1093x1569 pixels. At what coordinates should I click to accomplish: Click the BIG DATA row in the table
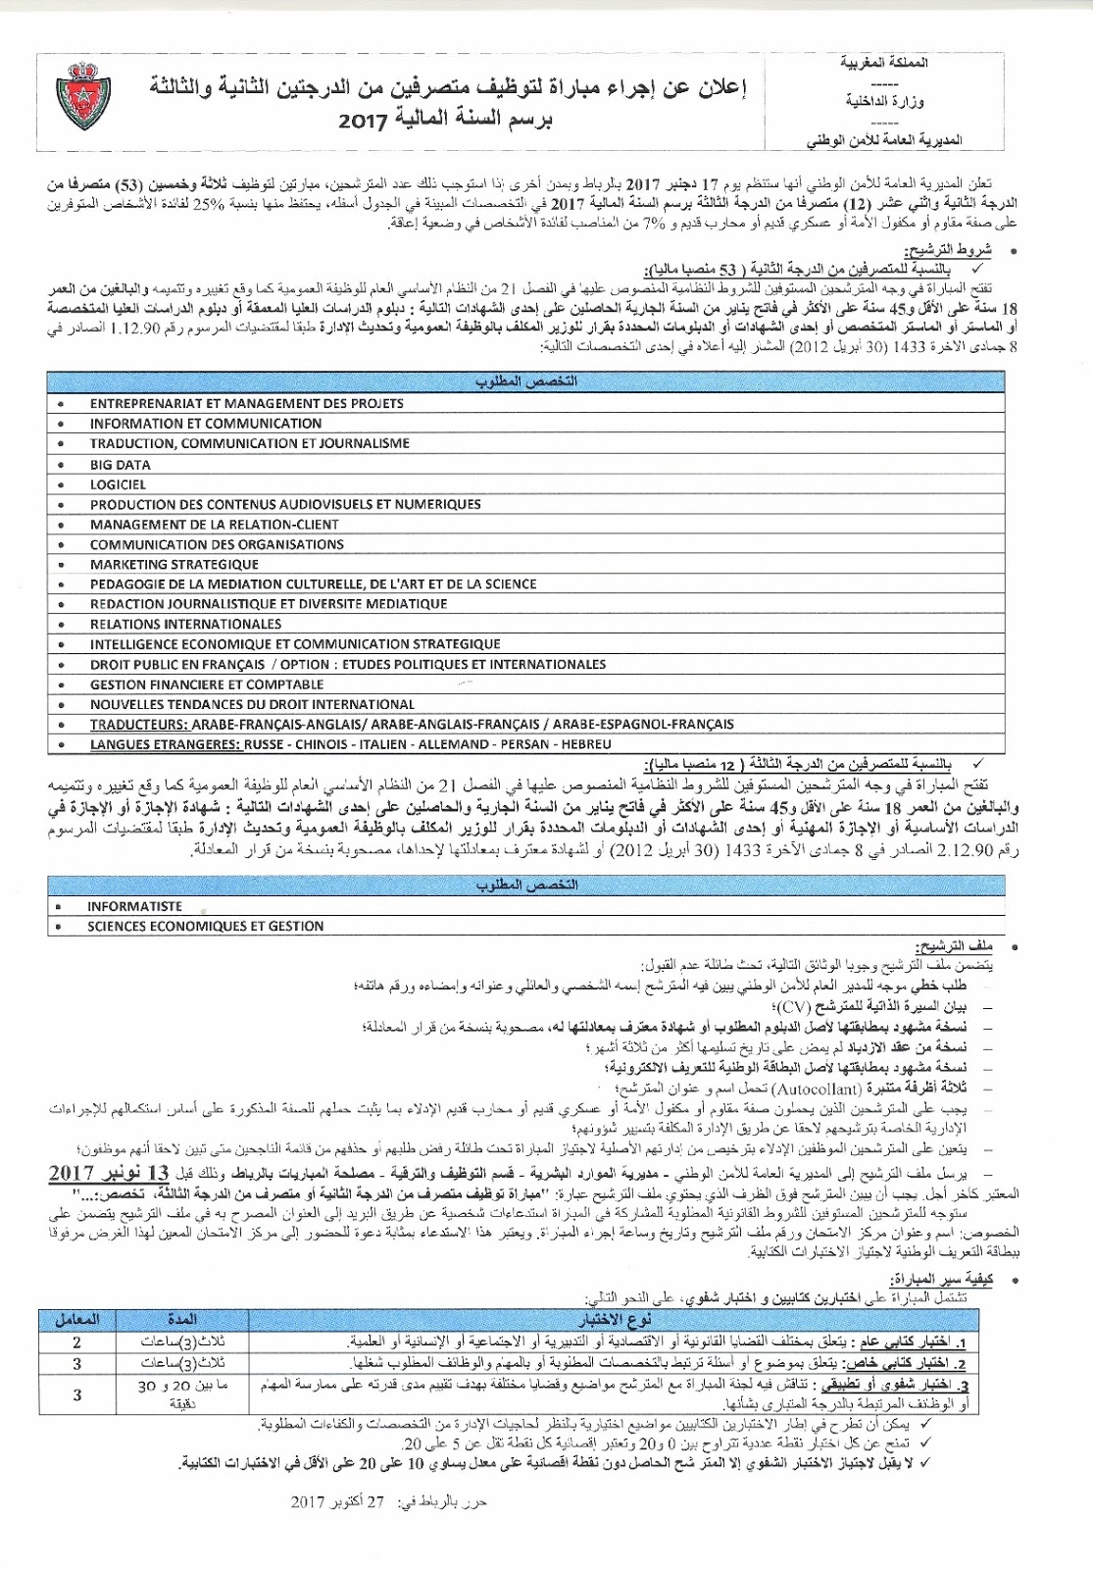tap(121, 464)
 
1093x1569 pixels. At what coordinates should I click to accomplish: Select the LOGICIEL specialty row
tap(118, 483)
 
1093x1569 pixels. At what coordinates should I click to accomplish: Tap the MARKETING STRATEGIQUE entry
tap(174, 564)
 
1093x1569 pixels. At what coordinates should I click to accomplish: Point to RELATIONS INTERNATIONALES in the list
tap(185, 624)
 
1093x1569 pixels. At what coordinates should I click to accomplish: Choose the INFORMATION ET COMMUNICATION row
tap(205, 424)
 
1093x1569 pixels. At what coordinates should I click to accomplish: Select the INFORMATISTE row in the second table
tap(134, 906)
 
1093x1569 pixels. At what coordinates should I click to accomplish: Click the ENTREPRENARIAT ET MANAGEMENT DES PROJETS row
tap(232, 403)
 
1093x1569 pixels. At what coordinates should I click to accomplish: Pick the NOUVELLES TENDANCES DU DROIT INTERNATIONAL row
tap(252, 704)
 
